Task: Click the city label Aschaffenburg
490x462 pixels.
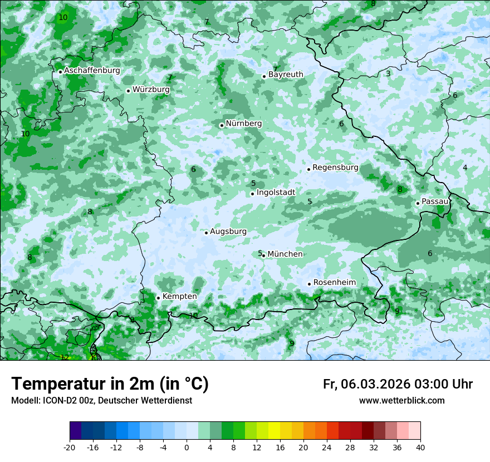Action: pos(92,71)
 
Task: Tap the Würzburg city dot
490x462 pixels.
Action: pos(128,91)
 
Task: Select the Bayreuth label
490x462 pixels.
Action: pos(286,75)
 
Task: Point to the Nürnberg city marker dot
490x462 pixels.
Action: pos(222,125)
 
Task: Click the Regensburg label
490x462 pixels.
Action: pos(335,168)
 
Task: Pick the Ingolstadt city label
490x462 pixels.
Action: pos(276,193)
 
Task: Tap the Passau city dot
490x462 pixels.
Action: pos(418,203)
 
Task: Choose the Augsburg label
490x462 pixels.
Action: pos(228,232)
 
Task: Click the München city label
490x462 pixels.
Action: pos(285,254)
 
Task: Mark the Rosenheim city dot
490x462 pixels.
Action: pos(309,284)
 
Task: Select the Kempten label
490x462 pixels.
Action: pos(179,297)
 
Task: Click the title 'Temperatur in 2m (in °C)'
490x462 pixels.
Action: pos(110,384)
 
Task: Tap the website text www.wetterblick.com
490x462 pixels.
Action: pos(401,401)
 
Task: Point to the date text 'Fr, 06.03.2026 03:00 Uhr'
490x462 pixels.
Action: pos(398,385)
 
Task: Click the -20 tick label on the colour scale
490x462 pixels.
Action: pos(70,447)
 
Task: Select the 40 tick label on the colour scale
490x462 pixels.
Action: pos(420,447)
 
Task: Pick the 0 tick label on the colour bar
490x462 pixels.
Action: pos(187,447)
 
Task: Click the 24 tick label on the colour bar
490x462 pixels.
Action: pos(327,447)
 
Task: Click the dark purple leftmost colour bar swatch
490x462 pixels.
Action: pos(76,431)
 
